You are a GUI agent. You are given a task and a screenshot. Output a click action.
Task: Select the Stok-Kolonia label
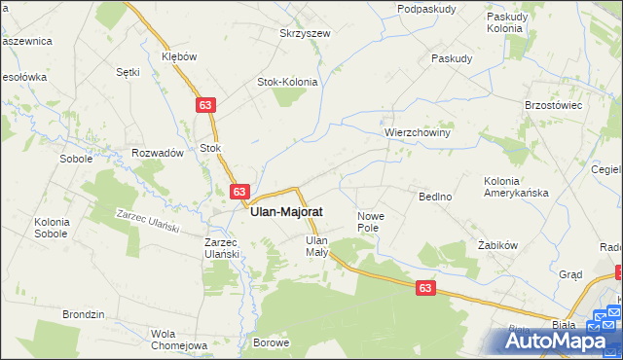point(287,82)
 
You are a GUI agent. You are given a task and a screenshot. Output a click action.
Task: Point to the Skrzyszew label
point(305,33)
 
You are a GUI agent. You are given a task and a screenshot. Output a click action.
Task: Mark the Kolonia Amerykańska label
point(516,187)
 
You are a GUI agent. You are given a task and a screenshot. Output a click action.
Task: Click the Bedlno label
point(435,197)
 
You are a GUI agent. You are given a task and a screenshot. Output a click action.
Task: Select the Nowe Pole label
point(372,221)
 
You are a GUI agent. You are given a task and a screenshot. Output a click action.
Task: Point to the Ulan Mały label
point(317,245)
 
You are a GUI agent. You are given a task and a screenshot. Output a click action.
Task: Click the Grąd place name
point(570,274)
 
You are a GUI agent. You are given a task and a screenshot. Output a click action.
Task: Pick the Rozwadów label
point(158,153)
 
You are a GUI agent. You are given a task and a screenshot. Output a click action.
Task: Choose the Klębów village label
point(178,56)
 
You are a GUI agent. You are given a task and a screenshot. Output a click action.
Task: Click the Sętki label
point(128,72)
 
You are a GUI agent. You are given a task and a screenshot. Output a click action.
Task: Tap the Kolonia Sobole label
point(51,228)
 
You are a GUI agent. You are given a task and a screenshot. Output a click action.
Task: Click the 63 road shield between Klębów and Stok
point(204,104)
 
